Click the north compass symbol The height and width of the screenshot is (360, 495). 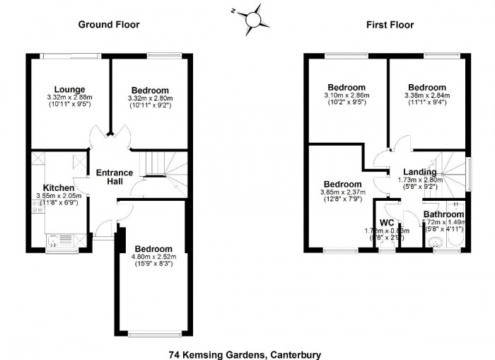coord(254,18)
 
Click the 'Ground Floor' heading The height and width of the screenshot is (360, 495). coord(107,25)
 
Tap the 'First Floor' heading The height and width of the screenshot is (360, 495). coord(390,25)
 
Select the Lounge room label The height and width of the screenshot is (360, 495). coord(69,89)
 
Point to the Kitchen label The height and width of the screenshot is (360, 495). coord(59,187)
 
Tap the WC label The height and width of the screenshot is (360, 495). coord(387,222)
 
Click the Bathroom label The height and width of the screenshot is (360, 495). coord(443,214)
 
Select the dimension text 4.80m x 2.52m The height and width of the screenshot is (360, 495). coord(153,258)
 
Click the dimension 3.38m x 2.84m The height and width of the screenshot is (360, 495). coord(426,97)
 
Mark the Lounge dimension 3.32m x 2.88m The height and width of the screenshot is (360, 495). coord(69,98)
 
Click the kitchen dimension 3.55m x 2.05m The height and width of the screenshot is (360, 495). coord(59,196)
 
